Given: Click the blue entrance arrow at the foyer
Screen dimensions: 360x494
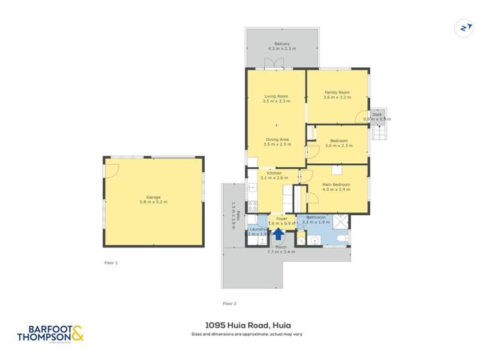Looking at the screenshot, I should click(278, 232).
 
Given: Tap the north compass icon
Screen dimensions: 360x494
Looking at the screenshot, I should click(465, 28).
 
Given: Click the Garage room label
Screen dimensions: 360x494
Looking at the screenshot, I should click(153, 197).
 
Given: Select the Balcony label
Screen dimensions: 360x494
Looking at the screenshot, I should click(282, 45).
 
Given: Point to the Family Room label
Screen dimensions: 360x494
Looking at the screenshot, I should click(337, 93).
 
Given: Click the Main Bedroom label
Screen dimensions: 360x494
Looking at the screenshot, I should click(337, 185).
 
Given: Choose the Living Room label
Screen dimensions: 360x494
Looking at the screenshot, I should click(275, 97).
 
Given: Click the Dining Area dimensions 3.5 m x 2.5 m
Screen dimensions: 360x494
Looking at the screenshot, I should click(276, 144).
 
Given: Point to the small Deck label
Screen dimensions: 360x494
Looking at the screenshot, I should click(377, 115).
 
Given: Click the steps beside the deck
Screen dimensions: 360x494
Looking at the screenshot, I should click(380, 132).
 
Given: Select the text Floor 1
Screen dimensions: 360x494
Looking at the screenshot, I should click(111, 263).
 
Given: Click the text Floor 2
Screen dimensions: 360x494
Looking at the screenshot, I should click(229, 303).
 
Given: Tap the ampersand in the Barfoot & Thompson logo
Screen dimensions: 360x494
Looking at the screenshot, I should click(77, 334).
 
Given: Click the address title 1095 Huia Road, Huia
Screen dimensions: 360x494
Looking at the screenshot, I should click(247, 324).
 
